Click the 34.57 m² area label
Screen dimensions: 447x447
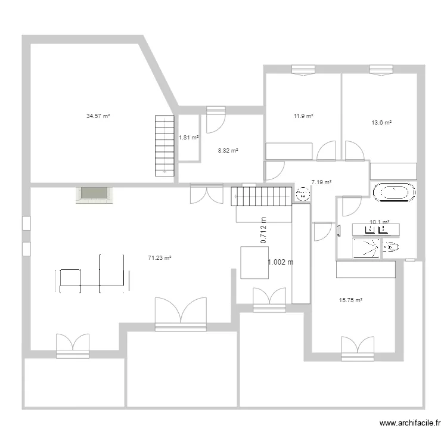tap(98, 116)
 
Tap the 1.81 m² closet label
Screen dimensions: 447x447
tap(188, 138)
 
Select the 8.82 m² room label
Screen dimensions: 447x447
tap(228, 151)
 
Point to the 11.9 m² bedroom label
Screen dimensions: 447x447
tap(304, 116)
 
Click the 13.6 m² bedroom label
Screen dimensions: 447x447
tap(381, 123)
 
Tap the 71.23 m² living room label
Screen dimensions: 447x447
tap(160, 258)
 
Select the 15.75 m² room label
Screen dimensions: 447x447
tap(351, 300)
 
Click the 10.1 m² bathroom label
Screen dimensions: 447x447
tap(380, 222)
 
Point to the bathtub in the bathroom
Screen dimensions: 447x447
tap(393, 192)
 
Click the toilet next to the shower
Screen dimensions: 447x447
tap(392, 247)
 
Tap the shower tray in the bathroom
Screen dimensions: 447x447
tap(366, 248)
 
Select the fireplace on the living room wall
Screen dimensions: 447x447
tap(94, 194)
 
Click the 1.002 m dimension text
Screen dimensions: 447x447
tap(281, 262)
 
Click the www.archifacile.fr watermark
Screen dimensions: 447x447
tap(410, 423)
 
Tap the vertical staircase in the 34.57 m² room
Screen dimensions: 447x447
tap(164, 145)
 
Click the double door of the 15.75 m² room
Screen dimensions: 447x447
tap(358, 349)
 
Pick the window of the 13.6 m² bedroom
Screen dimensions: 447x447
tap(381, 70)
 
